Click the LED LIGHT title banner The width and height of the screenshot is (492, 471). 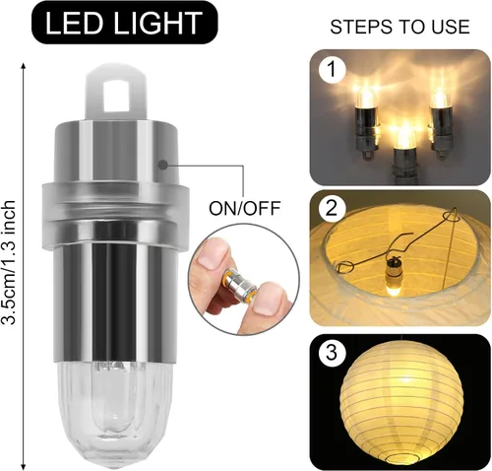tap(125, 23)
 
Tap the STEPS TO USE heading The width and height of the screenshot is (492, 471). tap(400, 27)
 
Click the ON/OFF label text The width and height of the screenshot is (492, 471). tap(245, 208)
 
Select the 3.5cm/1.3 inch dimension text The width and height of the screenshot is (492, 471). tap(9, 262)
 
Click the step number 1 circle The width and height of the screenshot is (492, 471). tap(332, 70)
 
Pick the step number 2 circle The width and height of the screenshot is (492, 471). tap(332, 208)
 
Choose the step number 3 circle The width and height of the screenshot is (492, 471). tap(332, 353)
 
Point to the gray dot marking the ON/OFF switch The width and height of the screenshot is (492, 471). tap(162, 165)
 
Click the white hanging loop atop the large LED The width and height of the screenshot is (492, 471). tap(115, 93)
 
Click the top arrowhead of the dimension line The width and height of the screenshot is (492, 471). tap(23, 66)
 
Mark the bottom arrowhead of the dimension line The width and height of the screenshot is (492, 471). tap(23, 466)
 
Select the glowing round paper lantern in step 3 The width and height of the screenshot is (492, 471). tap(401, 403)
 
